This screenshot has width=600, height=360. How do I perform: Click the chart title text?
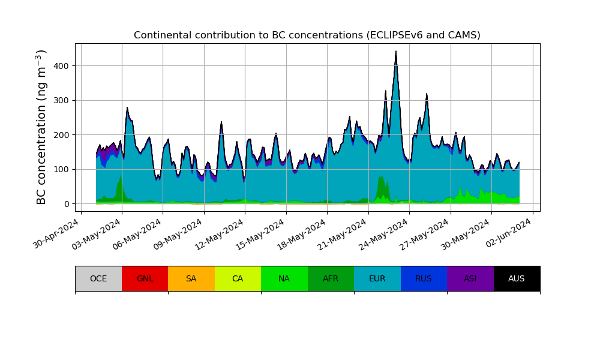[x=307, y=35]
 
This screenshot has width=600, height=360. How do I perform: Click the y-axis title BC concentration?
[x=41, y=127]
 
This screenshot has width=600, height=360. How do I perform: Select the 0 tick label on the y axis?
[x=66, y=204]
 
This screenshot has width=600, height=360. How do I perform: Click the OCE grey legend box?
[x=98, y=278]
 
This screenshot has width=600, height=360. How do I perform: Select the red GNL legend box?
[x=145, y=278]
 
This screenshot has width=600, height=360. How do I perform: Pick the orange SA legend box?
[x=191, y=278]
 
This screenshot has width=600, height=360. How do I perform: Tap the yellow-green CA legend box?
[x=238, y=278]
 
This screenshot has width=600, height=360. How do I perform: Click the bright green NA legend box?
[x=284, y=278]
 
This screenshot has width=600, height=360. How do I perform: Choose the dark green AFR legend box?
[x=331, y=278]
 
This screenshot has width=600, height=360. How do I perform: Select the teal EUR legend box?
[x=377, y=278]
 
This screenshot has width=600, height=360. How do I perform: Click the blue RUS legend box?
[x=424, y=278]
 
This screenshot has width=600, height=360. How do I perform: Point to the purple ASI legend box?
[x=470, y=278]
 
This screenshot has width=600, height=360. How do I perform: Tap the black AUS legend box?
[x=517, y=278]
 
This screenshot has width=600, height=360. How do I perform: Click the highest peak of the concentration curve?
[x=396, y=52]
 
